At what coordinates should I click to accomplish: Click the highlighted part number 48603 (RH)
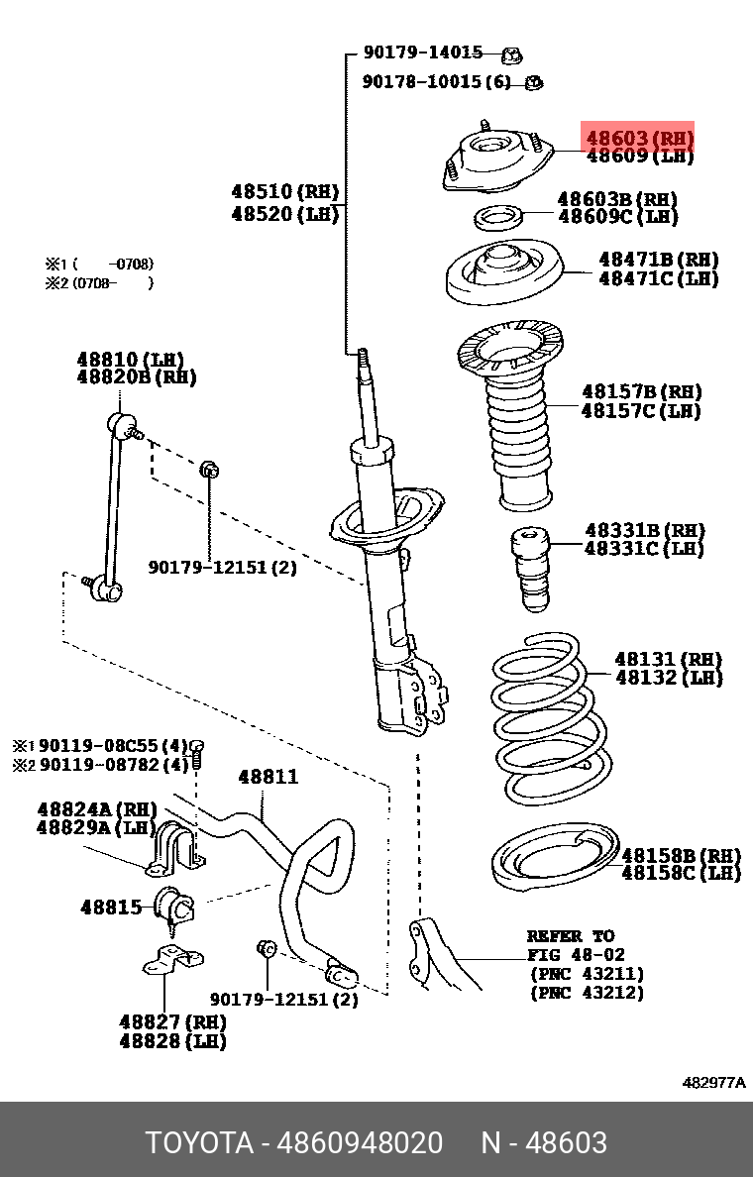pyautogui.click(x=639, y=138)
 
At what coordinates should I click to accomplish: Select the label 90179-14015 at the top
pyautogui.click(x=422, y=53)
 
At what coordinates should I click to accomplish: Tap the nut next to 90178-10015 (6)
pyautogui.click(x=532, y=82)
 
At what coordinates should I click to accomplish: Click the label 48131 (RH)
pyautogui.click(x=668, y=659)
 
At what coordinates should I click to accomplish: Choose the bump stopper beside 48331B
pyautogui.click(x=530, y=572)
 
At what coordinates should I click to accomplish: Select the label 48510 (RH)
pyautogui.click(x=285, y=192)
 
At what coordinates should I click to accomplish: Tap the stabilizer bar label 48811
pyautogui.click(x=267, y=778)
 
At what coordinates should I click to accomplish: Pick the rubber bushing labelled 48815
pyautogui.click(x=175, y=906)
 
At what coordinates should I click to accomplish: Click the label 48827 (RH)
pyautogui.click(x=172, y=1021)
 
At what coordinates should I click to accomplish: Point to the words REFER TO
pyautogui.click(x=570, y=936)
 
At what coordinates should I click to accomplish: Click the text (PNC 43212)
pyautogui.click(x=587, y=993)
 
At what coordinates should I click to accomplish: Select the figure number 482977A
pyautogui.click(x=713, y=1083)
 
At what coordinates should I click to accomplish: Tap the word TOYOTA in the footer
pyautogui.click(x=199, y=1142)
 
